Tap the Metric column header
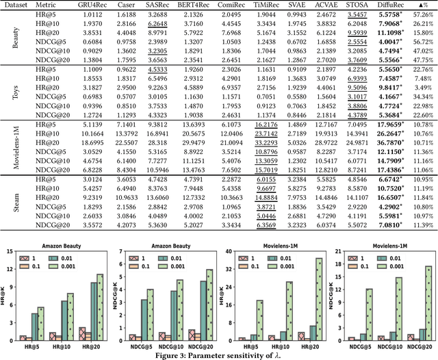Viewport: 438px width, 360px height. click(47, 5)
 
